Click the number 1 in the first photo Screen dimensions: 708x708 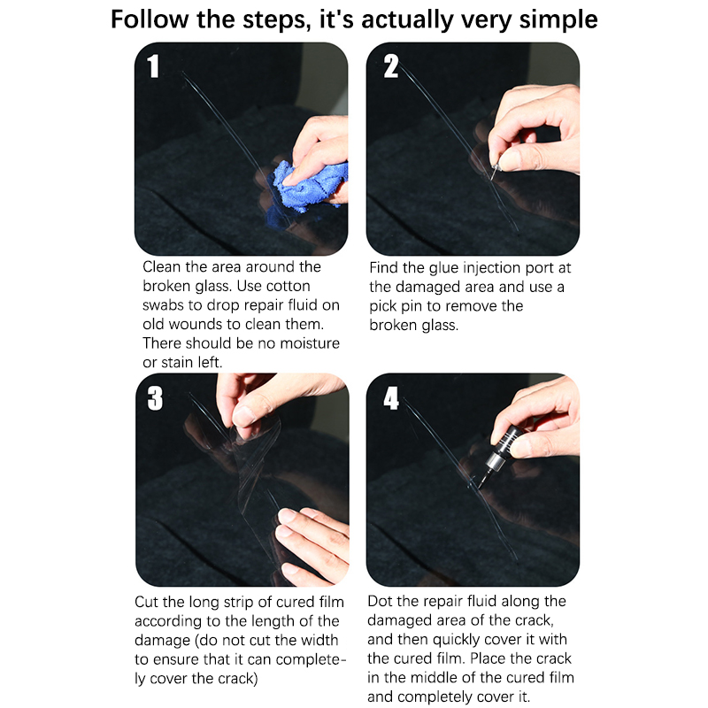pos(153,65)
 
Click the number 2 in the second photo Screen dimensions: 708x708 pos(391,65)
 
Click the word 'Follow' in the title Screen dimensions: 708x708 pos(150,19)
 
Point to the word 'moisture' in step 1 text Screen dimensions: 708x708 pos(310,343)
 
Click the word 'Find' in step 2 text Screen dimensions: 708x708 pos(384,267)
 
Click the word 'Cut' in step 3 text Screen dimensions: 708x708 pos(146,602)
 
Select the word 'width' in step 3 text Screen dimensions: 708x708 pos(319,640)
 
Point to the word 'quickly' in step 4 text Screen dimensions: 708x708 pos(459,640)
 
